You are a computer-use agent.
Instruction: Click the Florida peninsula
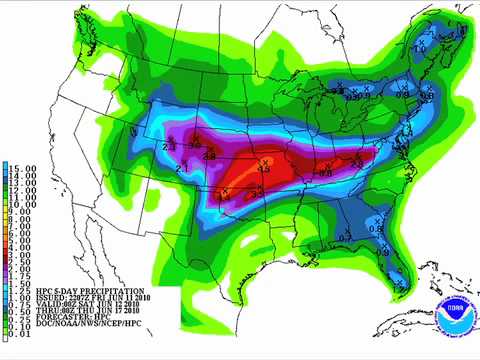pyautogui.click(x=396, y=265)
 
